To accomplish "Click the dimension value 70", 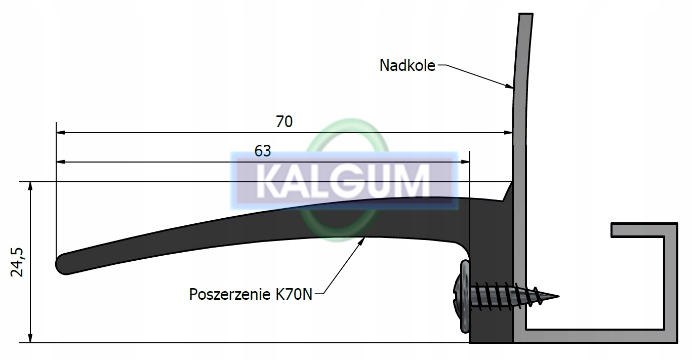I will pyautogui.click(x=284, y=122).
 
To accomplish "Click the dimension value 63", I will pyautogui.click(x=263, y=151).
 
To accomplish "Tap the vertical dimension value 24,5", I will pyautogui.click(x=18, y=262).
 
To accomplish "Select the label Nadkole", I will pyautogui.click(x=407, y=65).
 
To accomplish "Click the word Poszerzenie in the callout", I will pyautogui.click(x=230, y=294).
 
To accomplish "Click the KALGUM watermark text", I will pyautogui.click(x=343, y=180).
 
